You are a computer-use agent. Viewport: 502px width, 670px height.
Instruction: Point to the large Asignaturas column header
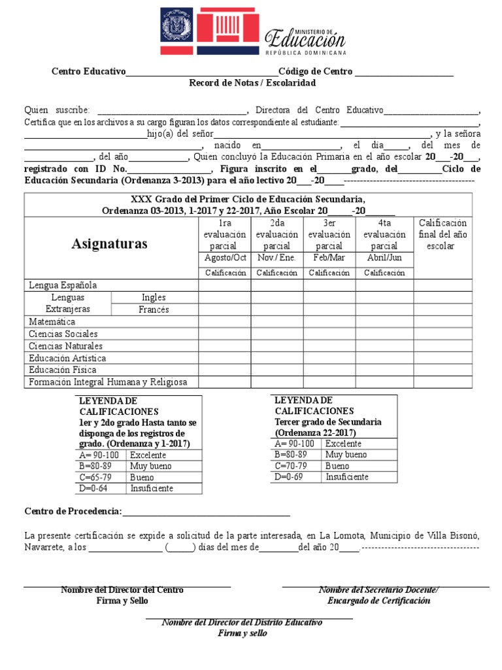(110, 244)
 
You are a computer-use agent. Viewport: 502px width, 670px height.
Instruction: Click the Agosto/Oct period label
(224, 258)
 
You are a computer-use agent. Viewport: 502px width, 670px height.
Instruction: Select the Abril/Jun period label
(384, 258)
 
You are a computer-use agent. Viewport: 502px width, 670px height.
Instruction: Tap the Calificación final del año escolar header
(443, 234)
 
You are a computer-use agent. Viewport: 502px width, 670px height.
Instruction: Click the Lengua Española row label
(63, 285)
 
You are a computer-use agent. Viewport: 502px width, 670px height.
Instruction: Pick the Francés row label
(154, 309)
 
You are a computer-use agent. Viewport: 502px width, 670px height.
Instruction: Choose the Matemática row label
(52, 322)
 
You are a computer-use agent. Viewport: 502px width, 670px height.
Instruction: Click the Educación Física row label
(63, 370)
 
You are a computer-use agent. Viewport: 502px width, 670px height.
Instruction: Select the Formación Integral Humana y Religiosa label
(108, 381)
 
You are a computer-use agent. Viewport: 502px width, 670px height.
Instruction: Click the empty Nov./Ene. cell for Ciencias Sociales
(276, 334)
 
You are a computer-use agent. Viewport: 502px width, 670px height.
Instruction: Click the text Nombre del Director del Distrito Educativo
(242, 622)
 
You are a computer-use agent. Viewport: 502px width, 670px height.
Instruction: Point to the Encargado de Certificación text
(378, 601)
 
